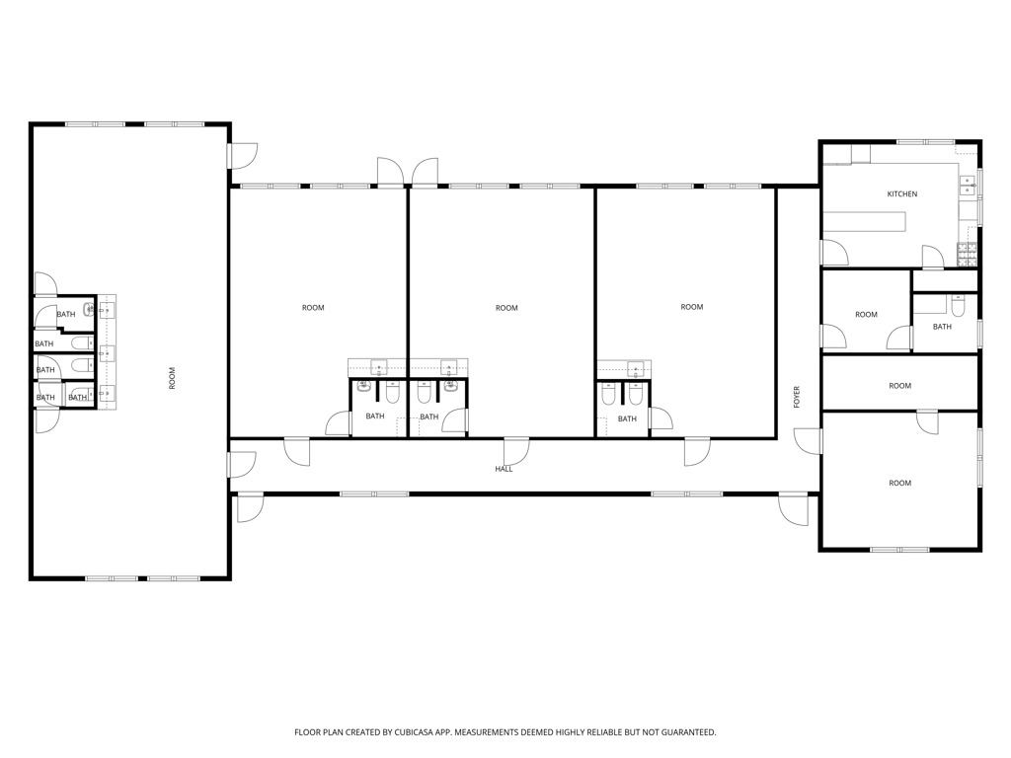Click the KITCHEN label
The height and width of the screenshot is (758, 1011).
pyautogui.click(x=902, y=194)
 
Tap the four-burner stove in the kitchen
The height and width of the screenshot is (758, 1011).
pyautogui.click(x=967, y=255)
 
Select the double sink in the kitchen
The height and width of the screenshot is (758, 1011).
pyautogui.click(x=968, y=186)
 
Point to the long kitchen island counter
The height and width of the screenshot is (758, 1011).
pyautogui.click(x=865, y=221)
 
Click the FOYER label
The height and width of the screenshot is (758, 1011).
pyautogui.click(x=797, y=397)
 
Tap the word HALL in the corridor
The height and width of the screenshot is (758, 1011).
pyautogui.click(x=504, y=469)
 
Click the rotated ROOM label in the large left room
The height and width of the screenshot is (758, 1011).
pyautogui.click(x=172, y=378)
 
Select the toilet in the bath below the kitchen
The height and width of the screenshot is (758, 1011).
pyautogui.click(x=958, y=306)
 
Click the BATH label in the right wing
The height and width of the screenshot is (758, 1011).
pyautogui.click(x=942, y=327)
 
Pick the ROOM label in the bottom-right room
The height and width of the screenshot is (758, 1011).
pyautogui.click(x=900, y=483)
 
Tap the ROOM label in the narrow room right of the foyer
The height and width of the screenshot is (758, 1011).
pyautogui.click(x=900, y=386)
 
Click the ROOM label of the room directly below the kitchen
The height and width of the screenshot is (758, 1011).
pyautogui.click(x=866, y=315)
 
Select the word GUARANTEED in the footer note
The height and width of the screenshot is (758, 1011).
pyautogui.click(x=690, y=732)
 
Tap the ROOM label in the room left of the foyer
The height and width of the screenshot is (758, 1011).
pyautogui.click(x=692, y=307)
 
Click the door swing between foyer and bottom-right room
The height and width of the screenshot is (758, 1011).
pyautogui.click(x=809, y=441)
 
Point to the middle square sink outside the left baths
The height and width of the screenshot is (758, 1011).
pyautogui.click(x=107, y=353)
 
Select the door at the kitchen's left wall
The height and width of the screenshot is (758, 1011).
pyautogui.click(x=835, y=252)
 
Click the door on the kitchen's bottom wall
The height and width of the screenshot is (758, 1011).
pyautogui.click(x=933, y=258)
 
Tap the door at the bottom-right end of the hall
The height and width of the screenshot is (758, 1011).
pyautogui.click(x=793, y=509)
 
